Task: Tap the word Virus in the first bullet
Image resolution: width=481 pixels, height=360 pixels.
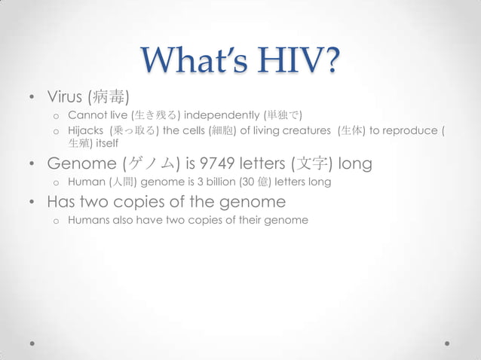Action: pyautogui.click(x=66, y=97)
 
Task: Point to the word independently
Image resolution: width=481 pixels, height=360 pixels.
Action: pyautogui.click(x=220, y=115)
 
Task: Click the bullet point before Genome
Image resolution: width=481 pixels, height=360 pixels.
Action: pyautogui.click(x=31, y=164)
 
